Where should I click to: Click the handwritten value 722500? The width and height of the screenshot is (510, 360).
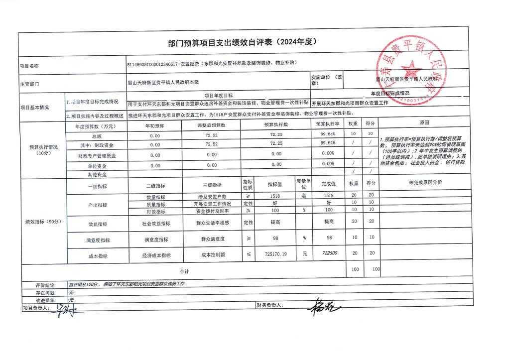(329, 253)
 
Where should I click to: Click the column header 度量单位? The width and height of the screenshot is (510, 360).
(304, 184)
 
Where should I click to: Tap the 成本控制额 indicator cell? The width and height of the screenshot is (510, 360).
(213, 254)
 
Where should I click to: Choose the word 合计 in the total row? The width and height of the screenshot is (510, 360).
(184, 271)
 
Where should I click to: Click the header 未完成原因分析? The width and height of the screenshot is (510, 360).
(425, 183)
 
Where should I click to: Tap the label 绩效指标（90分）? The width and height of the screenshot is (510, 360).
(44, 222)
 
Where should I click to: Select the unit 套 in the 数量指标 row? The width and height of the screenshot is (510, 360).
(303, 196)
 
